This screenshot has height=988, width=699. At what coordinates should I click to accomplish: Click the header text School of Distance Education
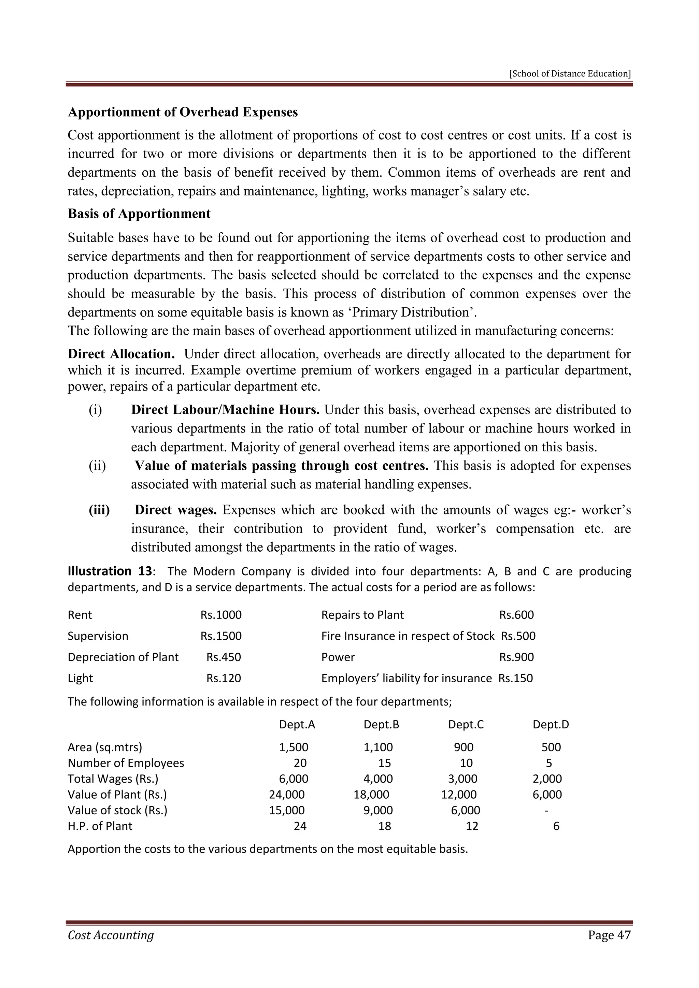click(570, 74)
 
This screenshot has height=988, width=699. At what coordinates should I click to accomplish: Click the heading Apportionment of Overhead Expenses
click(183, 112)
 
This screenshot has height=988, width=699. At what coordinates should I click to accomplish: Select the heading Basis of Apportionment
click(139, 214)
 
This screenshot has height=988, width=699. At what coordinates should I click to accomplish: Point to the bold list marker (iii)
click(99, 510)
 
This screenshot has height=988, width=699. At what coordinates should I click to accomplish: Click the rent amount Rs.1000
click(221, 615)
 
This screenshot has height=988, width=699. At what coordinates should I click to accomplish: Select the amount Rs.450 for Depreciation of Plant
click(224, 657)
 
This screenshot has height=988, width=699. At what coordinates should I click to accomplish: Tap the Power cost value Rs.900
click(516, 657)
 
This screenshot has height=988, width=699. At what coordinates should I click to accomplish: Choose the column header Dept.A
click(297, 725)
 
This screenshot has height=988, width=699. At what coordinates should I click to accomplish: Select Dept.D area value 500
click(551, 747)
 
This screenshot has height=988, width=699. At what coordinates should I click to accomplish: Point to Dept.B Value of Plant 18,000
click(371, 795)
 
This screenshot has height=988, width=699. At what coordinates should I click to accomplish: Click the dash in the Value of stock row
click(546, 811)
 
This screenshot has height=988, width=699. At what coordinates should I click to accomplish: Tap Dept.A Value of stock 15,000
click(287, 811)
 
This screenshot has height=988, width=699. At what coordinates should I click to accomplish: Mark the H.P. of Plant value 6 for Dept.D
click(556, 826)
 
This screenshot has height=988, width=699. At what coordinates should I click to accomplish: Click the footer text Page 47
click(609, 935)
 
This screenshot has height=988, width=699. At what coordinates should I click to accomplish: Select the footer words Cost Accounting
click(111, 935)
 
